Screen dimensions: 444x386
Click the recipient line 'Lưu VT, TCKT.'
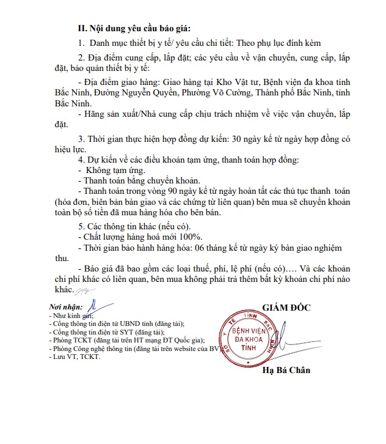tap(75, 357)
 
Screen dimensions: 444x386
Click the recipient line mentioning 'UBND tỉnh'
tap(118, 324)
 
